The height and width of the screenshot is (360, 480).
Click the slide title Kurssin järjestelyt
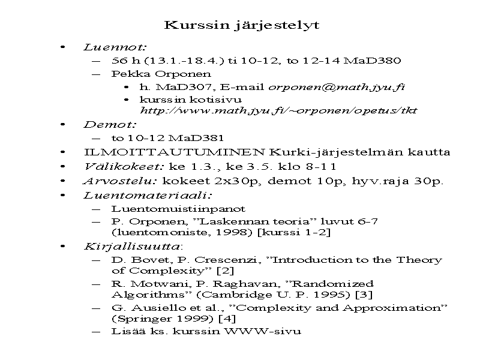[x=241, y=25]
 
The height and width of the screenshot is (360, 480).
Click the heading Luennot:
[x=115, y=47]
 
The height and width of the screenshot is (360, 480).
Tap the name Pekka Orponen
[x=161, y=74]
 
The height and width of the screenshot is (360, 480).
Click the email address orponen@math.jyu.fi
[x=336, y=86]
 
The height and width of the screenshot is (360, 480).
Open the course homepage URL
[x=278, y=110]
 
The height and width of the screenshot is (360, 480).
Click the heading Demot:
[x=110, y=125]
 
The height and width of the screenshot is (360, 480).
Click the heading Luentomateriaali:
[x=148, y=195]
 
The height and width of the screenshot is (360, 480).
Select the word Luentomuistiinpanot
[x=178, y=209]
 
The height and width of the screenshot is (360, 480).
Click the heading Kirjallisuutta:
[x=131, y=246]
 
